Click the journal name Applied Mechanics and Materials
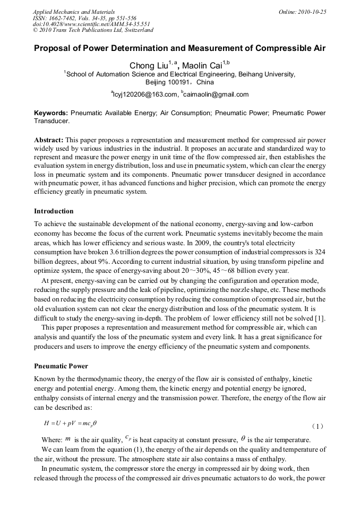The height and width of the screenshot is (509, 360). [74, 12]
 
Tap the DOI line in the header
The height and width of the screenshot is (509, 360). [91, 24]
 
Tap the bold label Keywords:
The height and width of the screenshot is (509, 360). [51, 113]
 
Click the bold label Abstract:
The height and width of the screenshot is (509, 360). [49, 140]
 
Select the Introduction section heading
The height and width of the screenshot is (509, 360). [54, 211]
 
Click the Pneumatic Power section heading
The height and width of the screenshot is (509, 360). [61, 366]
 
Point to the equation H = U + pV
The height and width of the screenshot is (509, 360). [70, 423]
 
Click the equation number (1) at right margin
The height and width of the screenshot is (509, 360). [317, 426]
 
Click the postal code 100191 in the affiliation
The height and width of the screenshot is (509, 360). [181, 83]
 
